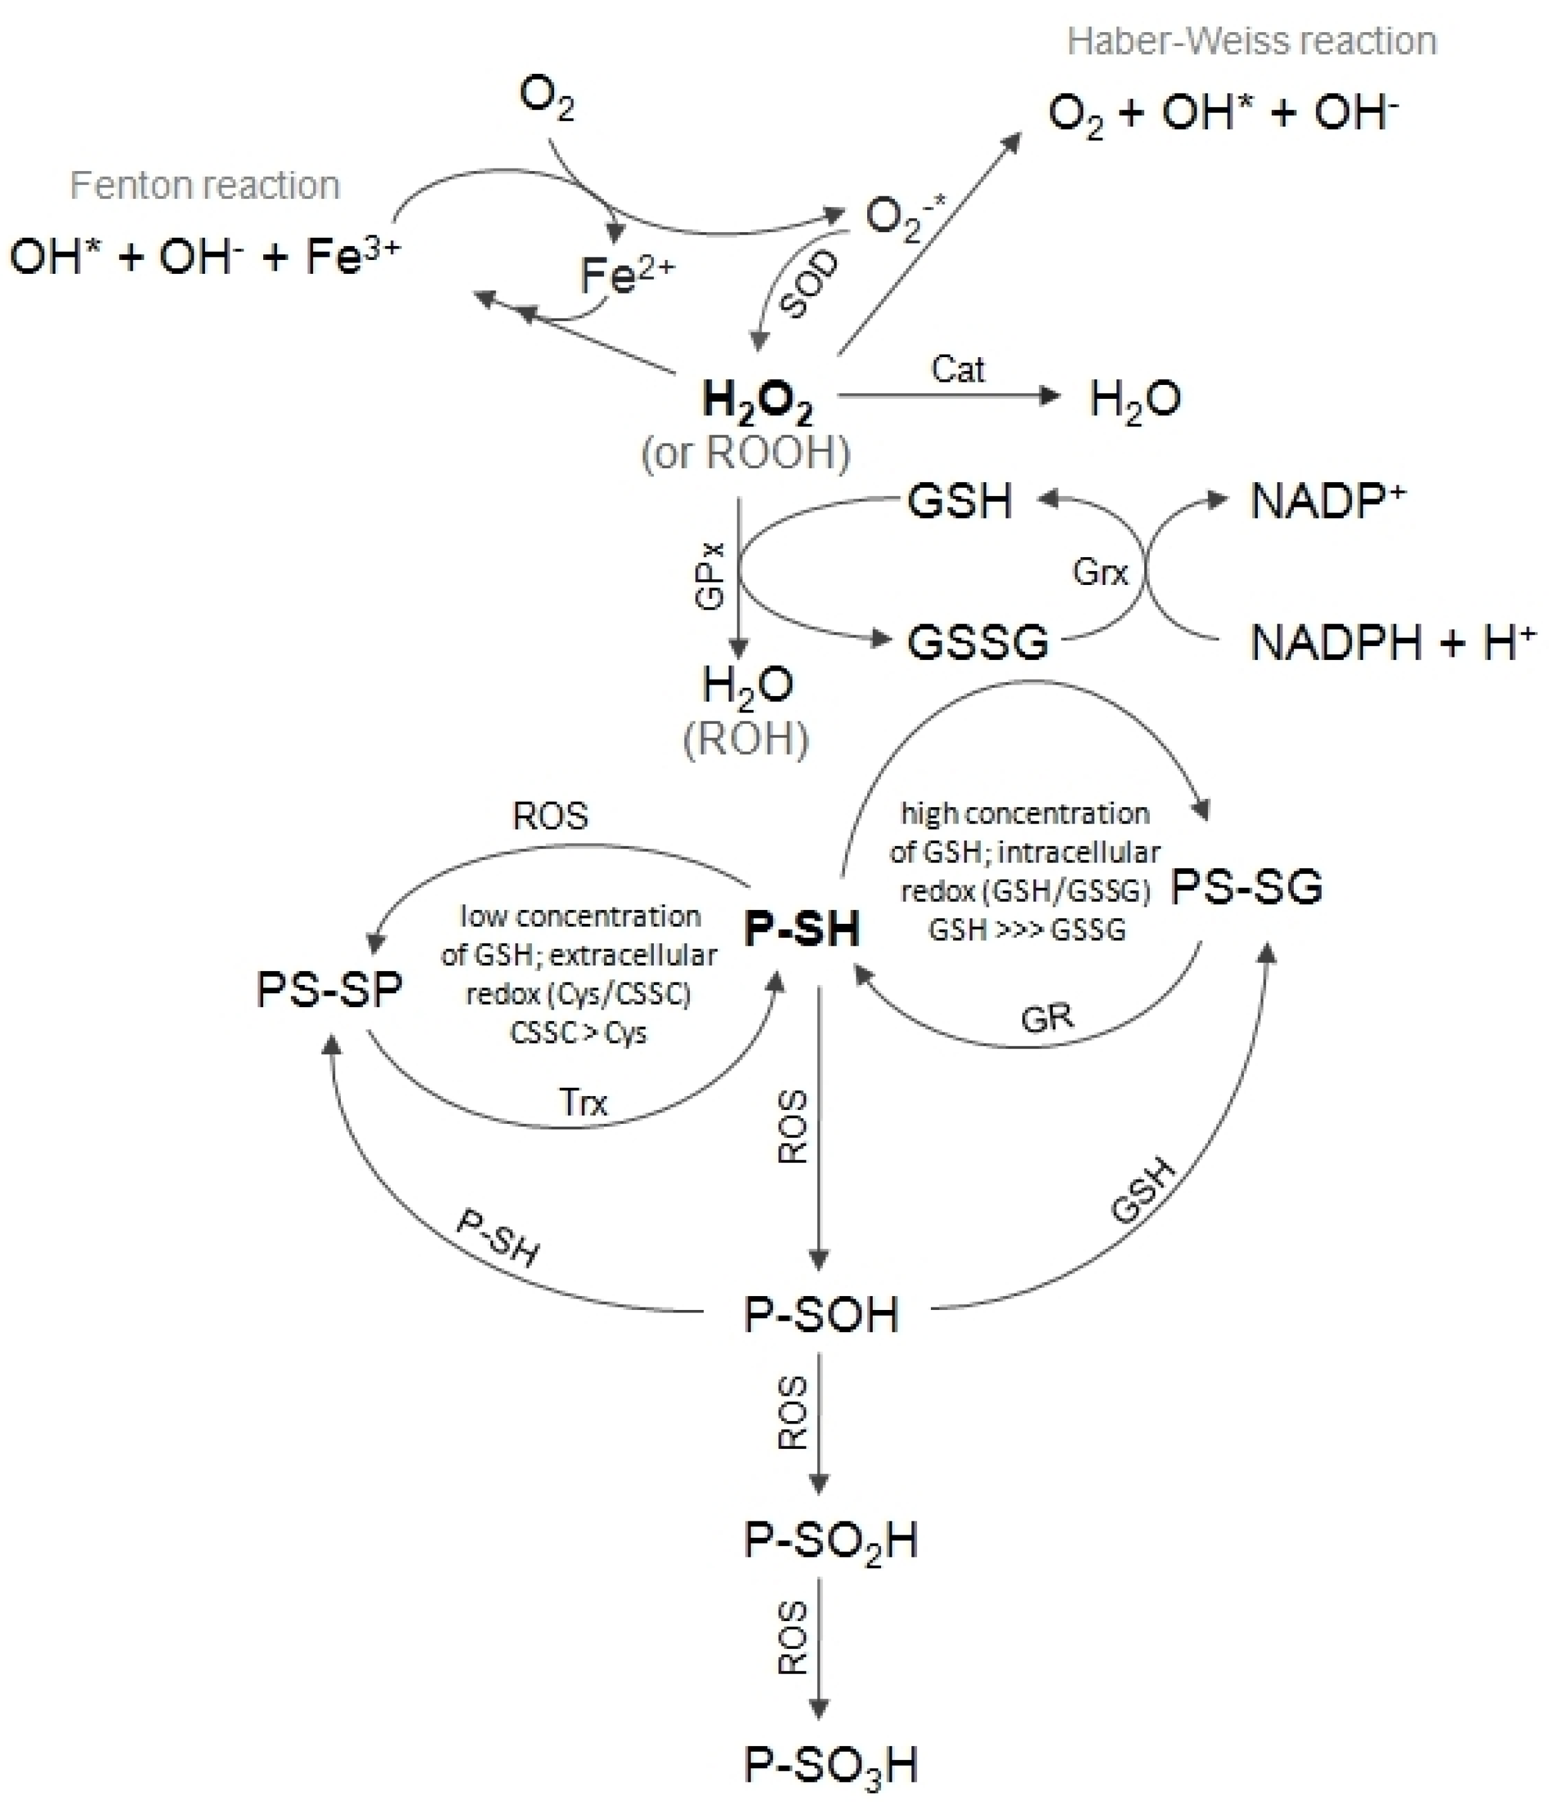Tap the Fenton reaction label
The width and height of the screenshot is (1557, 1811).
[204, 186]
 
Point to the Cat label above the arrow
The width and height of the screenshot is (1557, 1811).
[957, 369]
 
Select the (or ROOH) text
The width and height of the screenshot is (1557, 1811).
[746, 453]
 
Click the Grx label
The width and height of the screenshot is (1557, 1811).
[1100, 572]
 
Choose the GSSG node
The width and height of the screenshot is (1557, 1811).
[978, 642]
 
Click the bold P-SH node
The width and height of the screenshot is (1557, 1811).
[802, 928]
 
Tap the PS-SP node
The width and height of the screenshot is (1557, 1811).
[329, 990]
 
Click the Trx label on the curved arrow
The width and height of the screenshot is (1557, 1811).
[583, 1102]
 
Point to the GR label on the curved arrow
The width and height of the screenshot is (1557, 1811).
[1046, 1017]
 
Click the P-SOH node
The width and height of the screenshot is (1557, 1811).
[820, 1314]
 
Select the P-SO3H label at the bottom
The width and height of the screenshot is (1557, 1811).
[831, 1766]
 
